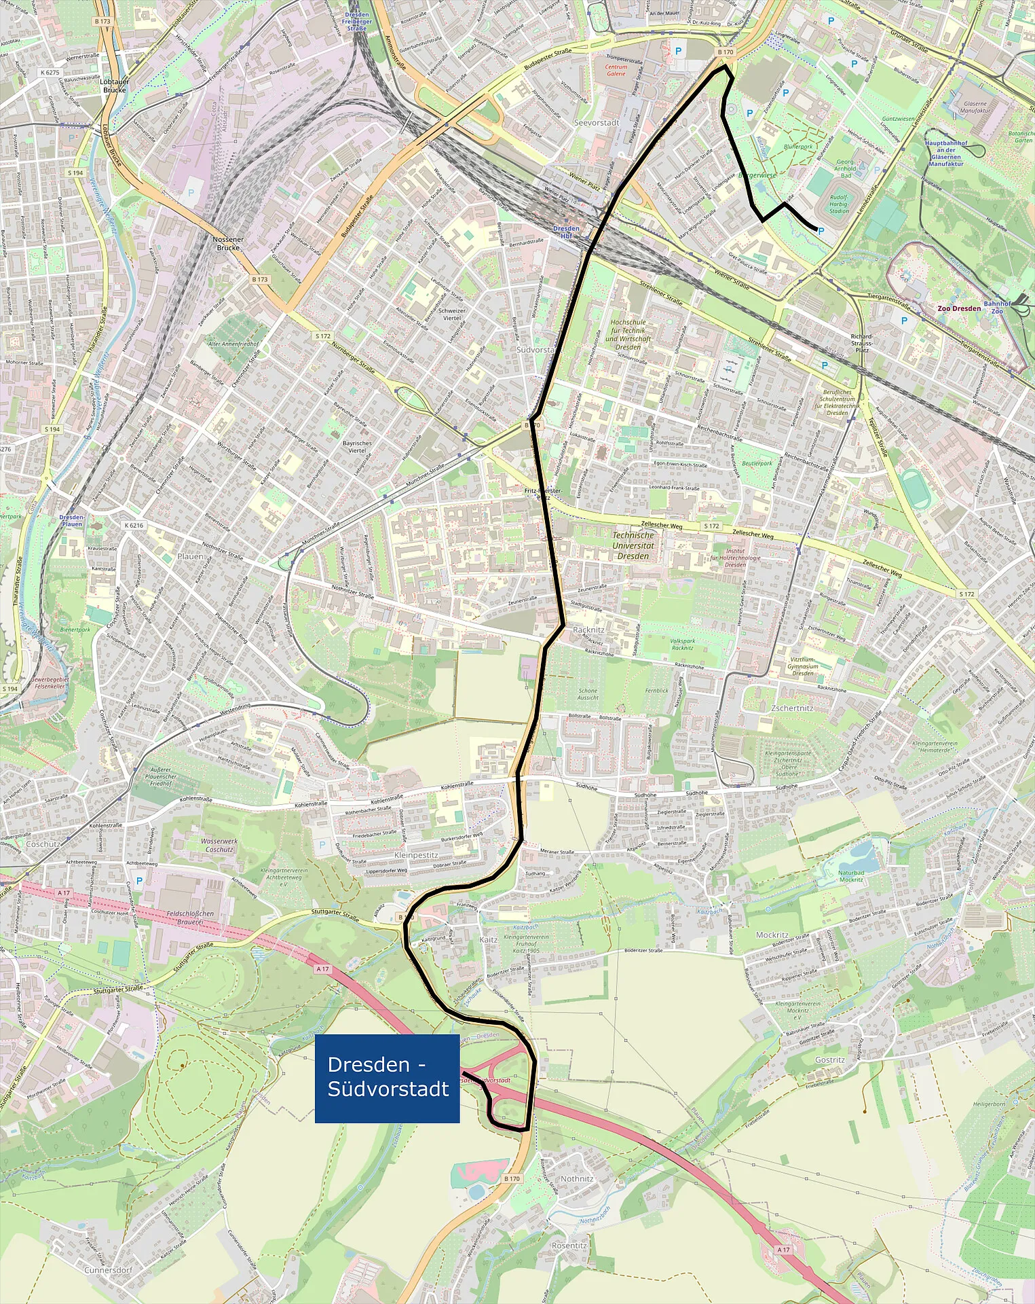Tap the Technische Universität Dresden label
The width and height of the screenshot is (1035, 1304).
633,545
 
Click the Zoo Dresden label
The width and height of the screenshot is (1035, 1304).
958,308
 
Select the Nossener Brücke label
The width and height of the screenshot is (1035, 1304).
228,243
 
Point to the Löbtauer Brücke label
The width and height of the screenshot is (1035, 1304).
115,86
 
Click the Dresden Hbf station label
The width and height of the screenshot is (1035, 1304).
565,232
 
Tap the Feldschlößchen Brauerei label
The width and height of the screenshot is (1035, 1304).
190,918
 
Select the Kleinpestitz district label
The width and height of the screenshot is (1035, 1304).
416,855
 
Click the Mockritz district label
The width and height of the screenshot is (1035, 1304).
772,935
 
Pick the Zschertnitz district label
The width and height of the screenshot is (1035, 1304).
792,708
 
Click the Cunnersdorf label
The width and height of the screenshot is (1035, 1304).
108,1269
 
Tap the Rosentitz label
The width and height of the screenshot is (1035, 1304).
569,1246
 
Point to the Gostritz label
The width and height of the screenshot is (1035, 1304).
830,1059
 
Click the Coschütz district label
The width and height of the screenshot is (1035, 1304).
43,844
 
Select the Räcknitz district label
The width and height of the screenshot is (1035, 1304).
588,630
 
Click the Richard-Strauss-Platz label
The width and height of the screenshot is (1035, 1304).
862,343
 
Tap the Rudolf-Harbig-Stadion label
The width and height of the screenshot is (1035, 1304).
839,204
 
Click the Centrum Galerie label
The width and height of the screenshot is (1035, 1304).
616,70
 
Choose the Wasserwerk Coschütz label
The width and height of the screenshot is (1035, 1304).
219,845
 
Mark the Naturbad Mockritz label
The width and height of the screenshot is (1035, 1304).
851,876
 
